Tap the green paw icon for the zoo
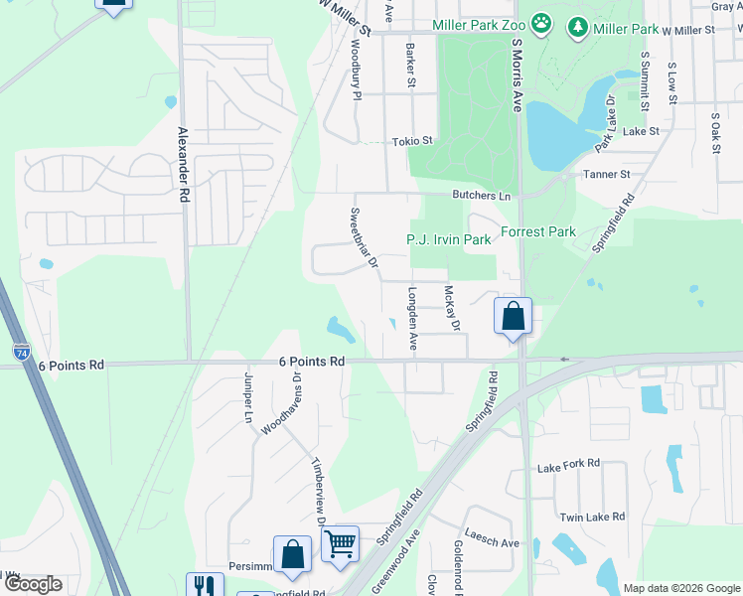pos(540,23)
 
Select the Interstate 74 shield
pos(22,352)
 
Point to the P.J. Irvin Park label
pos(449,240)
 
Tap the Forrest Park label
pos(538,232)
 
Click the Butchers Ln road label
pos(481,196)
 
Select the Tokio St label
pos(412,142)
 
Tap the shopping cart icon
pos(340,542)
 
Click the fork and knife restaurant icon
pos(205,585)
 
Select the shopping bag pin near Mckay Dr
pos(513,317)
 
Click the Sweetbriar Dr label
pos(365,237)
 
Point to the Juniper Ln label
pos(247,397)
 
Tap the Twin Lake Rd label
pos(592,517)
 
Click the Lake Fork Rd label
pos(568,464)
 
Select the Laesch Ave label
pos(492,543)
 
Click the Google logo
pos(33,584)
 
